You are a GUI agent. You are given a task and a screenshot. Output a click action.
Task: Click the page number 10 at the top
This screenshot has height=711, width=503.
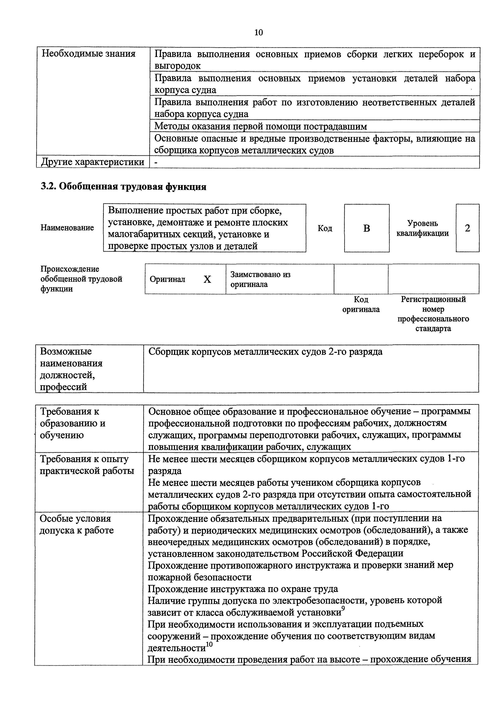(258, 32)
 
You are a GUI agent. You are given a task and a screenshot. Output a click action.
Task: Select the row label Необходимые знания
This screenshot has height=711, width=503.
(89, 54)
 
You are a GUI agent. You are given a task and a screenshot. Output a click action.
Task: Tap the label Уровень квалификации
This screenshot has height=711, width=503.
(423, 228)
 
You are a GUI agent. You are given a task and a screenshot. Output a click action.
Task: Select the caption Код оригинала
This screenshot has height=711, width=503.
(361, 304)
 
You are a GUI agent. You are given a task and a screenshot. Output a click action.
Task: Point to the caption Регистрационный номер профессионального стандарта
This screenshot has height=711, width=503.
(433, 314)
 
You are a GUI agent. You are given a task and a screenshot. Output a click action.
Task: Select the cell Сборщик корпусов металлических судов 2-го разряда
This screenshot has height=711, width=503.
(265, 352)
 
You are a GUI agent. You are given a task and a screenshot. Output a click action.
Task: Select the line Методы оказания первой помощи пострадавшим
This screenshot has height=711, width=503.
(261, 126)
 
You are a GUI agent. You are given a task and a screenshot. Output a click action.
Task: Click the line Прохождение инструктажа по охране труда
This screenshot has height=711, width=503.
(243, 589)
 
